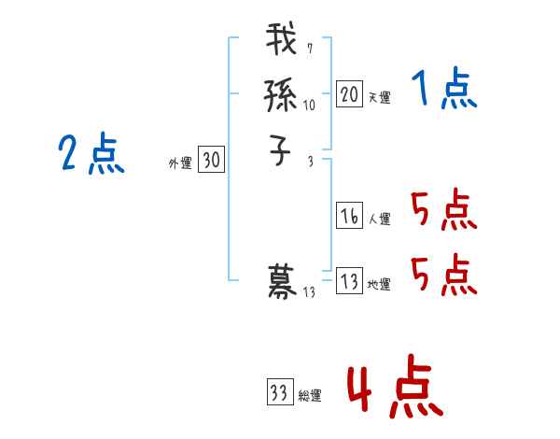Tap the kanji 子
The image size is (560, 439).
click(282, 149)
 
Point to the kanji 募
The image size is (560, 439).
click(282, 281)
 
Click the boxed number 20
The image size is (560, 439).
click(349, 93)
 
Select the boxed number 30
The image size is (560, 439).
click(211, 161)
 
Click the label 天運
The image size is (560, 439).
click(379, 97)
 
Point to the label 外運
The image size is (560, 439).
click(180, 163)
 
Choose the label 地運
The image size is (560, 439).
click(379, 285)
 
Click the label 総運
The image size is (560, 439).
click(310, 396)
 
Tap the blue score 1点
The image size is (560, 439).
click(444, 91)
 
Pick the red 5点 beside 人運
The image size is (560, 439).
click(443, 210)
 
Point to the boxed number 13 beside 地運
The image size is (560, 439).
click(349, 281)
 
